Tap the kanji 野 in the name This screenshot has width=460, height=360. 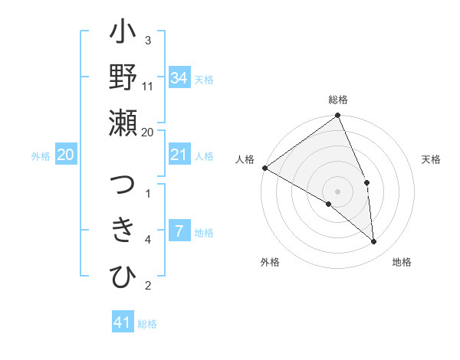pyautogui.click(x=123, y=78)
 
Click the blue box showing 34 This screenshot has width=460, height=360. pyautogui.click(x=179, y=77)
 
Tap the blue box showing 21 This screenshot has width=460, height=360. pyautogui.click(x=179, y=155)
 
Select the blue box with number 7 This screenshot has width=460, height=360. pyautogui.click(x=179, y=231)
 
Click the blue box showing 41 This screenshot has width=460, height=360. pyautogui.click(x=123, y=322)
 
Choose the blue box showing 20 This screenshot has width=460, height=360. pyautogui.click(x=65, y=155)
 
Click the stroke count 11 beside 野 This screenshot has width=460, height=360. pyautogui.click(x=148, y=86)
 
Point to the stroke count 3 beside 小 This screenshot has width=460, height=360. pyautogui.click(x=148, y=41)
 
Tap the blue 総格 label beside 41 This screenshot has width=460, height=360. pyautogui.click(x=147, y=324)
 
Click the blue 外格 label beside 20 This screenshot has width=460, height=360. pyautogui.click(x=41, y=156)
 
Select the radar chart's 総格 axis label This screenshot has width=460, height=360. pyautogui.click(x=338, y=100)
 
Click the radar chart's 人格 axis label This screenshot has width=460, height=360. pyautogui.click(x=245, y=159)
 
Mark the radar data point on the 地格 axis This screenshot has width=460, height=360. pyautogui.click(x=374, y=242)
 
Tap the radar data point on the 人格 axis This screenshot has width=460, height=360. pyautogui.click(x=264, y=168)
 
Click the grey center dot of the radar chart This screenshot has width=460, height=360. pyautogui.click(x=337, y=191)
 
